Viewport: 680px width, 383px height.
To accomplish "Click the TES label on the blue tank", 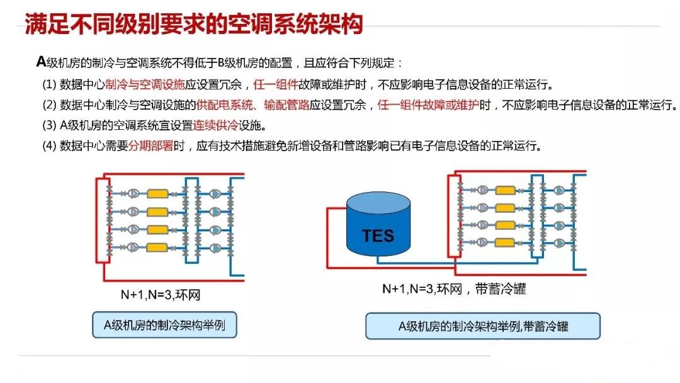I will pos(378,236).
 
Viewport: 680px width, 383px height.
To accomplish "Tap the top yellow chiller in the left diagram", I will pos(157,194).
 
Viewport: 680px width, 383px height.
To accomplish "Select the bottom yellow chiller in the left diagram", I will pos(157,247).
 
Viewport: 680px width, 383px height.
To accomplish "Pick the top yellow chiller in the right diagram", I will pos(505,190).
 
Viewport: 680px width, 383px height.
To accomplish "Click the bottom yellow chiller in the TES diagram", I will pos(505,243).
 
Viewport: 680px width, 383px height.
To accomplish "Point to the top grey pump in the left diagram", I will pos(133,194).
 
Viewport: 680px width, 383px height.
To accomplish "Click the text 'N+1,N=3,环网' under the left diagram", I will pos(161,294).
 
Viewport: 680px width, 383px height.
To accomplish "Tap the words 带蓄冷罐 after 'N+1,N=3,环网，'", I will pos(502,289).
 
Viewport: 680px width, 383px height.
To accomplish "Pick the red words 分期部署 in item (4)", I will pos(151,146).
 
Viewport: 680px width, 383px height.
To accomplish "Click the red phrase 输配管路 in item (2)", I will pos(285,105).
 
